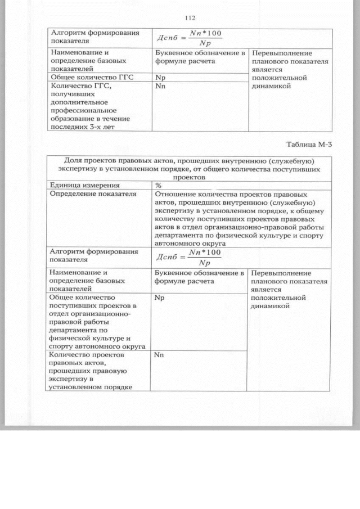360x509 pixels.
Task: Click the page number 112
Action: click(190, 18)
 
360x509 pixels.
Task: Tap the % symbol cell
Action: click(159, 184)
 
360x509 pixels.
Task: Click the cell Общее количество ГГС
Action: click(92, 76)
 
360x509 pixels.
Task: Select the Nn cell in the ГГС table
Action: click(160, 86)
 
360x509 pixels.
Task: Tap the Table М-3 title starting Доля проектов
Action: click(188, 168)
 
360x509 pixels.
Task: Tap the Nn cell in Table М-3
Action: click(160, 355)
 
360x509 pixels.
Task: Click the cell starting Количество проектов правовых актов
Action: click(90, 371)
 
